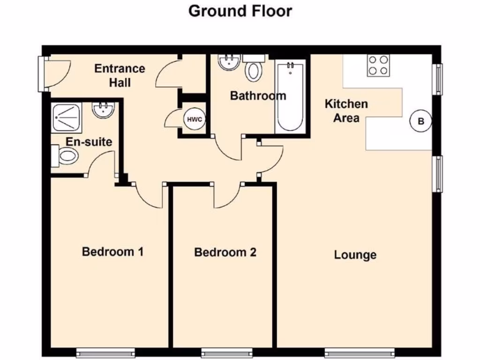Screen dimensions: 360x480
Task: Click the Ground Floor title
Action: [x=240, y=11]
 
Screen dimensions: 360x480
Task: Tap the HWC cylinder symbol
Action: [x=194, y=119]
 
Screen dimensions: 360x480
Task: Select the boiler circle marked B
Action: [x=420, y=121]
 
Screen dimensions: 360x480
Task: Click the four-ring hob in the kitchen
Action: [x=378, y=65]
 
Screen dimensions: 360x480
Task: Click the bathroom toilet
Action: [x=254, y=70]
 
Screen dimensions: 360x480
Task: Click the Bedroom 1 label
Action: [x=112, y=252]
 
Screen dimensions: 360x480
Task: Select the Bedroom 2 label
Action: [x=225, y=253]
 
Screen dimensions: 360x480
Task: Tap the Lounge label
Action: [x=355, y=255]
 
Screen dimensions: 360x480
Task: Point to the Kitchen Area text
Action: [x=346, y=111]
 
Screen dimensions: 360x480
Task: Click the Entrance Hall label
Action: [x=120, y=75]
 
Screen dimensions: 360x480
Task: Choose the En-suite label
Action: [x=89, y=142]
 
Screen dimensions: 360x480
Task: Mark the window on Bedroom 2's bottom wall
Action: [x=227, y=352]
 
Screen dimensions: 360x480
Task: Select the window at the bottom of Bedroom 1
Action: [x=105, y=352]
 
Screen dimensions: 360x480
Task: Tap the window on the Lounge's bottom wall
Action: [x=360, y=352]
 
